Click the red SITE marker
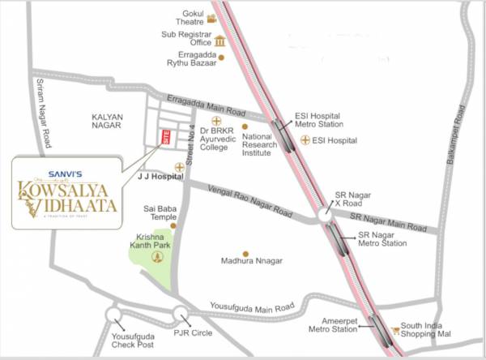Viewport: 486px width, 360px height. (x=167, y=138)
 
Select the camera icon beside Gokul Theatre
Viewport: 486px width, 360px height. (x=211, y=18)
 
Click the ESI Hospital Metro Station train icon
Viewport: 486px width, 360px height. (x=281, y=126)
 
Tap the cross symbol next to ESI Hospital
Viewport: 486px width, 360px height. (x=305, y=140)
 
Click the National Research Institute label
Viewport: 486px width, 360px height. (x=259, y=145)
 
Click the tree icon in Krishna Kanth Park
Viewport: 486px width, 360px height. (x=158, y=257)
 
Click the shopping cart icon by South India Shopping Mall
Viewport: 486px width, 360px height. (x=395, y=331)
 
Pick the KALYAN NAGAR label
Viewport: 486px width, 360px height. (x=106, y=122)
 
